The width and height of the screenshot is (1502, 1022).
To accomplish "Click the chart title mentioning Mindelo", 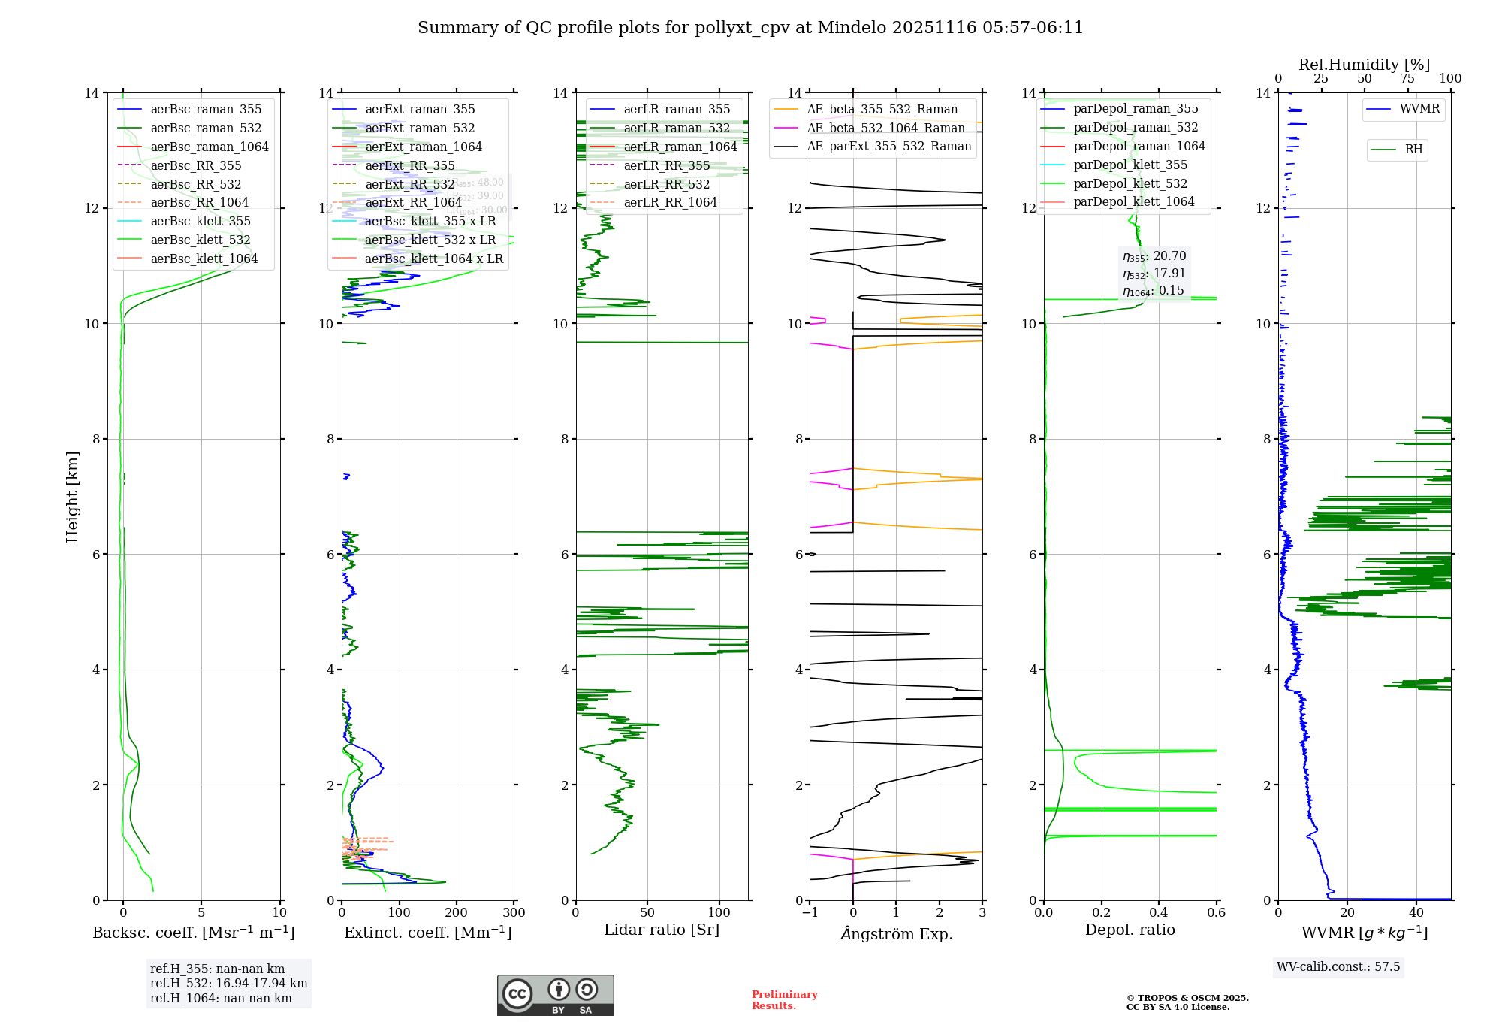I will tap(750, 28).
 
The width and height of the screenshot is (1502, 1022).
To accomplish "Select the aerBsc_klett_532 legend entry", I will tap(200, 240).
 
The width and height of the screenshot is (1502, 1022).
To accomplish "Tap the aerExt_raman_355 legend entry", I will tap(419, 110).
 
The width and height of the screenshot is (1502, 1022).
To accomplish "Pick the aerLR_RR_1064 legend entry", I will tap(670, 203).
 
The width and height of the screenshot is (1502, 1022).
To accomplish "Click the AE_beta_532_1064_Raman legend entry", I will tap(885, 129).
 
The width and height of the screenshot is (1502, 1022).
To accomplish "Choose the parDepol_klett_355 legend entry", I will tap(1130, 165).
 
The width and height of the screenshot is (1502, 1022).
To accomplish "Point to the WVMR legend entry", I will tap(1419, 110).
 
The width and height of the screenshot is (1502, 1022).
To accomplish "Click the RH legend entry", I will tap(1413, 150).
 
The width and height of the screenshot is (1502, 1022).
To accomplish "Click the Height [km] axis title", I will tap(72, 496).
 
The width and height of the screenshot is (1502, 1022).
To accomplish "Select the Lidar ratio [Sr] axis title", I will tap(661, 930).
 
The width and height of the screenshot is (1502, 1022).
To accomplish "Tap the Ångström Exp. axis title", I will tap(896, 933).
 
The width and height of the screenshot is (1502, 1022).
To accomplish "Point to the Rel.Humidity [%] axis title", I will tap(1364, 65).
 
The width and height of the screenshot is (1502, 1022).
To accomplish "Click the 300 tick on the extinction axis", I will tap(514, 913).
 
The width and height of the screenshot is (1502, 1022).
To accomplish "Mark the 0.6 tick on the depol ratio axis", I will tap(1216, 913).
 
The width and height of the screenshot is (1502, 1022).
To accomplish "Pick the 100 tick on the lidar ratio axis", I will tap(719, 913).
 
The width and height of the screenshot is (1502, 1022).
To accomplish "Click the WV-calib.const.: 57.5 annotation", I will tap(1338, 967).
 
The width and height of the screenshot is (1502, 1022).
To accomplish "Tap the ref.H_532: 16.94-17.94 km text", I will tap(228, 984).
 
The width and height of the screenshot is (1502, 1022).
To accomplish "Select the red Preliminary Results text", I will tap(784, 1000).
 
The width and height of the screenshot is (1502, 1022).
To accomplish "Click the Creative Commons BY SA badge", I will tap(555, 995).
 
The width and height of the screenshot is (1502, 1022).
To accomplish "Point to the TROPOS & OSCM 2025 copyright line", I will tap(1187, 999).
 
